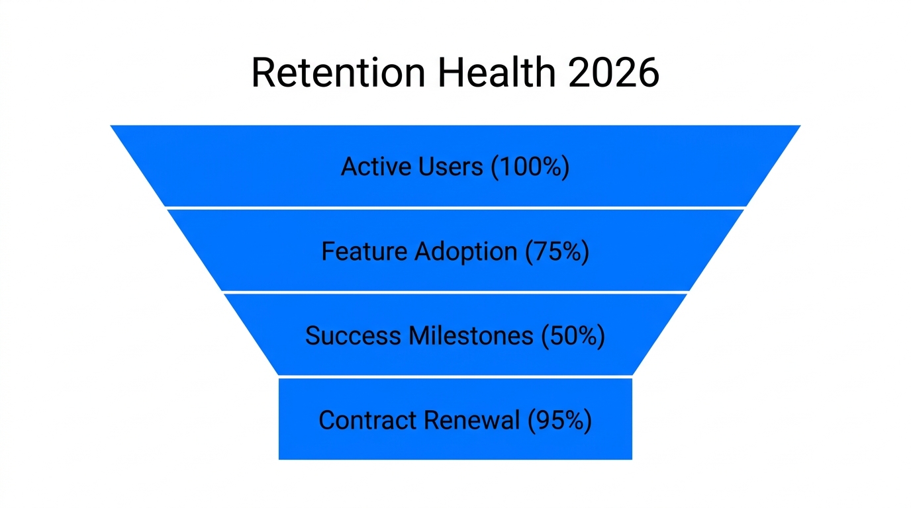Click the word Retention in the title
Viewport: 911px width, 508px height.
tap(338, 73)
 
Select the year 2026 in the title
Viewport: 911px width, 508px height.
tap(613, 73)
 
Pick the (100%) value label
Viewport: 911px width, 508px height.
tap(530, 167)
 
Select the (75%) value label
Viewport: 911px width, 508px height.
tap(557, 251)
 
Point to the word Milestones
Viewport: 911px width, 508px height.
tap(471, 336)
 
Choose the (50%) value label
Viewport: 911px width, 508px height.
tap(573, 336)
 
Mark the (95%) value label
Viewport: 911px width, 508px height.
tap(559, 421)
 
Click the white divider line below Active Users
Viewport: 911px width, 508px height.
tap(455, 208)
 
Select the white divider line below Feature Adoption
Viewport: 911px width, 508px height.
tap(455, 292)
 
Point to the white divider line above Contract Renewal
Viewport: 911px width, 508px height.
tap(455, 376)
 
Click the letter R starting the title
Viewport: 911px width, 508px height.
tap(264, 73)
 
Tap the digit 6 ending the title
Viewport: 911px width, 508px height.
tap(647, 73)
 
